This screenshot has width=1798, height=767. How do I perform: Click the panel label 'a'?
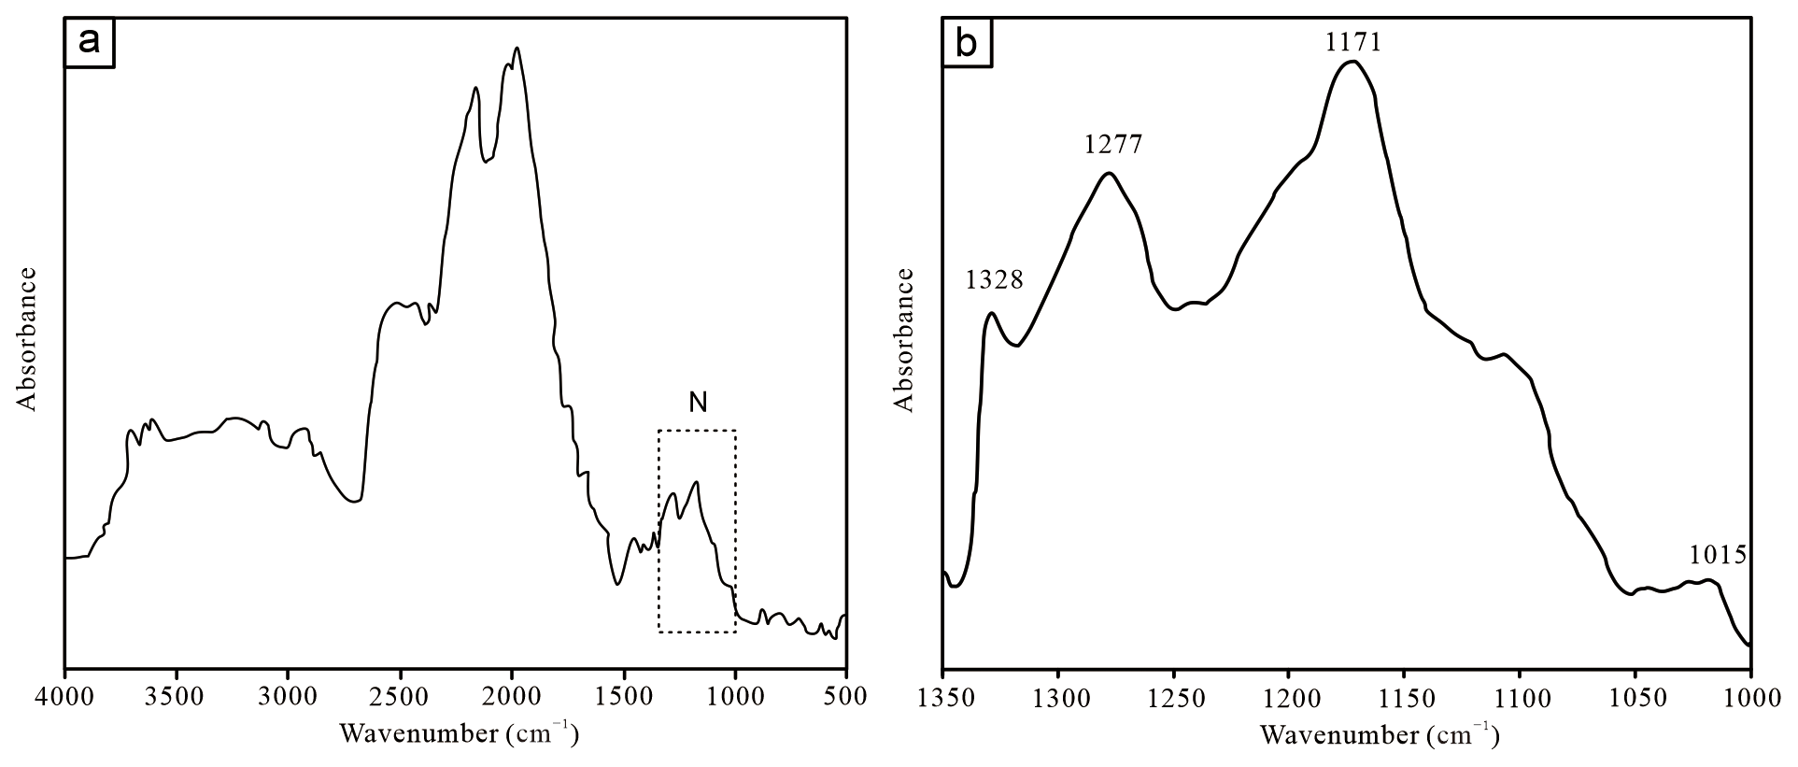pos(89,43)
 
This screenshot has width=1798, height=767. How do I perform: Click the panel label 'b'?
pos(968,43)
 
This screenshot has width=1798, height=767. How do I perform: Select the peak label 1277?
pos(1113,145)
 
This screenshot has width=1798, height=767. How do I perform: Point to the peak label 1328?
pos(995,279)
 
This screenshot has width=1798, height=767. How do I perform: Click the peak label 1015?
pos(1718,556)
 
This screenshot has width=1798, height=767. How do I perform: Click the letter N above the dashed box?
pos(698,403)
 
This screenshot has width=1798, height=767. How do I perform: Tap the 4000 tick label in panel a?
pos(64,696)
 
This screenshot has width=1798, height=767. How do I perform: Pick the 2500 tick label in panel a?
pos(400,696)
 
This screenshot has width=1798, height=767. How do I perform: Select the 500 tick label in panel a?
pos(846,696)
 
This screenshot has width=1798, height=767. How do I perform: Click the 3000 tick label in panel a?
pos(288,696)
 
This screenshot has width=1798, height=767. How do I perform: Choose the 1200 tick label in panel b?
pos(1289,696)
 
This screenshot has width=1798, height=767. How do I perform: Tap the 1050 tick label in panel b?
pos(1635,696)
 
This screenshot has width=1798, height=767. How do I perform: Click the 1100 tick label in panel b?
pos(1520,696)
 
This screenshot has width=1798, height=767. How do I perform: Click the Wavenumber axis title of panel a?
pos(458,734)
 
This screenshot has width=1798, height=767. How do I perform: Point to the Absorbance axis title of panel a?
pos(27,339)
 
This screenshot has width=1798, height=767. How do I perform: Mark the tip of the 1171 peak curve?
pos(1352,62)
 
